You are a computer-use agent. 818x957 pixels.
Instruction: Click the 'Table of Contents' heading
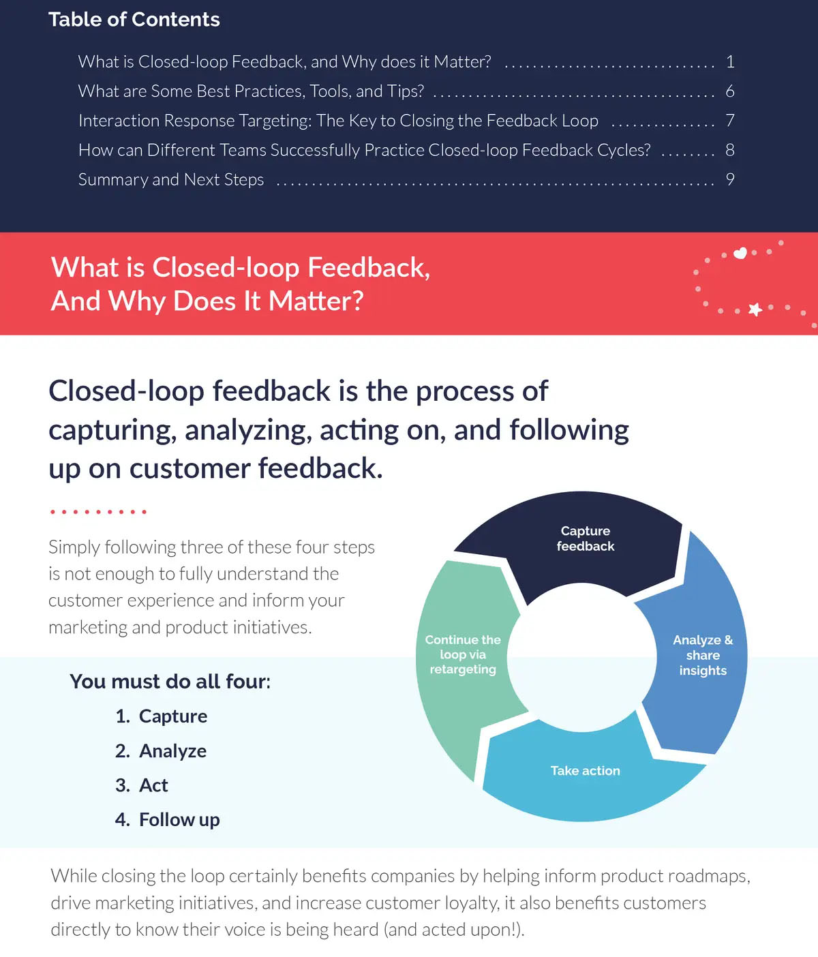tap(134, 20)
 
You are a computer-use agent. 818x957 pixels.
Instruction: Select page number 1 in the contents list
tap(730, 62)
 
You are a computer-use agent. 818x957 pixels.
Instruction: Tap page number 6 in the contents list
tap(730, 91)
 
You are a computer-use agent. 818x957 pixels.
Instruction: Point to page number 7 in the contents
tap(730, 121)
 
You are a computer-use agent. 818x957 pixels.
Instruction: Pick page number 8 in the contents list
tap(730, 150)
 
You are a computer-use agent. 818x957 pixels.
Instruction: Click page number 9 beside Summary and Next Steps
tap(730, 179)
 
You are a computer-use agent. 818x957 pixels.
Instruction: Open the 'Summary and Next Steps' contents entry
tap(171, 179)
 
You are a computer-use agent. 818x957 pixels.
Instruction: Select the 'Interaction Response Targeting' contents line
tap(338, 121)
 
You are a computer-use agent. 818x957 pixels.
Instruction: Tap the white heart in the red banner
tap(740, 253)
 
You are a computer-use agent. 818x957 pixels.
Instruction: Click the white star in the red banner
tap(755, 309)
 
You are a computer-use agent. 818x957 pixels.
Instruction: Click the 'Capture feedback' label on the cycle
tap(585, 538)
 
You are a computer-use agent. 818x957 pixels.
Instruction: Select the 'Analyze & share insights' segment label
tap(703, 655)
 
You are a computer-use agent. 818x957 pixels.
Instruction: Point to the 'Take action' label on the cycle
tap(585, 771)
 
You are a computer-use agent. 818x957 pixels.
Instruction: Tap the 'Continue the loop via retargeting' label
tap(463, 654)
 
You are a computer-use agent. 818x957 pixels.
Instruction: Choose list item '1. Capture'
tap(162, 716)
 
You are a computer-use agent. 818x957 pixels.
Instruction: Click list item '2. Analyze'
tap(161, 751)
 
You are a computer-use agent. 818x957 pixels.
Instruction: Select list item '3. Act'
tap(142, 785)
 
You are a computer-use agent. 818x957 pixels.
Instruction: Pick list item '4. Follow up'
tap(168, 820)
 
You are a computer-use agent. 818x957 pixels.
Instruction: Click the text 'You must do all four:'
tap(170, 682)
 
